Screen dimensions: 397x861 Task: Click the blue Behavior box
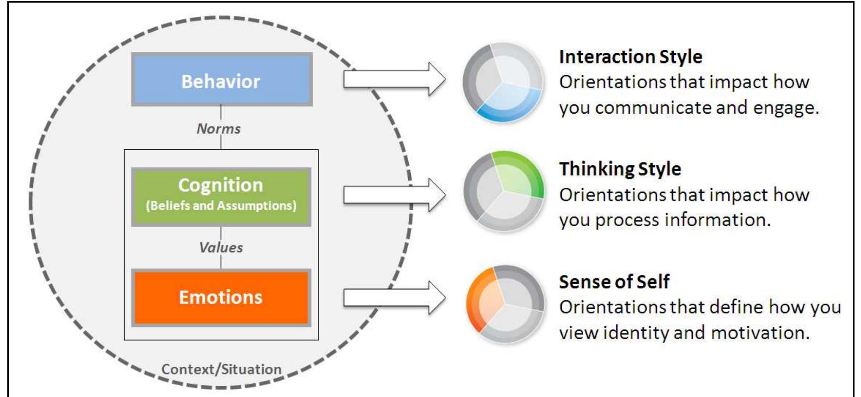pos(221,80)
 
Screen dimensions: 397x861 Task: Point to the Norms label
pos(219,129)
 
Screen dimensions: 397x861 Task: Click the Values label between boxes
pos(221,248)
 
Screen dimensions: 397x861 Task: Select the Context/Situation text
pos(221,369)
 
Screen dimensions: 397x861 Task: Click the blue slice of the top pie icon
pos(510,104)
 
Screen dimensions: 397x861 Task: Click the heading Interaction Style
pos(631,57)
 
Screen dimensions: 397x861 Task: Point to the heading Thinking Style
pos(620,169)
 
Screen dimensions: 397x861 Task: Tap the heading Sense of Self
pos(614,282)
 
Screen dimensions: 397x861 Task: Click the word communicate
pos(653,108)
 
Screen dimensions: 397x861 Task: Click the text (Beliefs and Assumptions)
pos(221,205)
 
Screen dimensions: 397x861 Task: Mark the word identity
pos(636,333)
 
